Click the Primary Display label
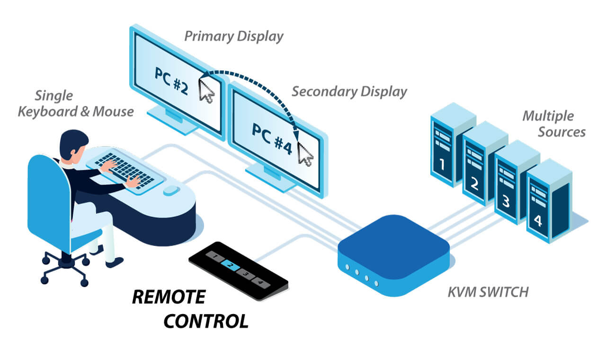pos(233,36)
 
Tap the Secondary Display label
pos(349,91)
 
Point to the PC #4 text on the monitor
pos(271,137)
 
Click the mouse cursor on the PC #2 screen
pos(206,91)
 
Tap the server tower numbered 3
pos(510,182)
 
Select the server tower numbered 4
pos(543,201)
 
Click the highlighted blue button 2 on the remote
pos(230,266)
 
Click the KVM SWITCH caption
pos(488,292)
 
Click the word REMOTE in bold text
pos(169,297)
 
